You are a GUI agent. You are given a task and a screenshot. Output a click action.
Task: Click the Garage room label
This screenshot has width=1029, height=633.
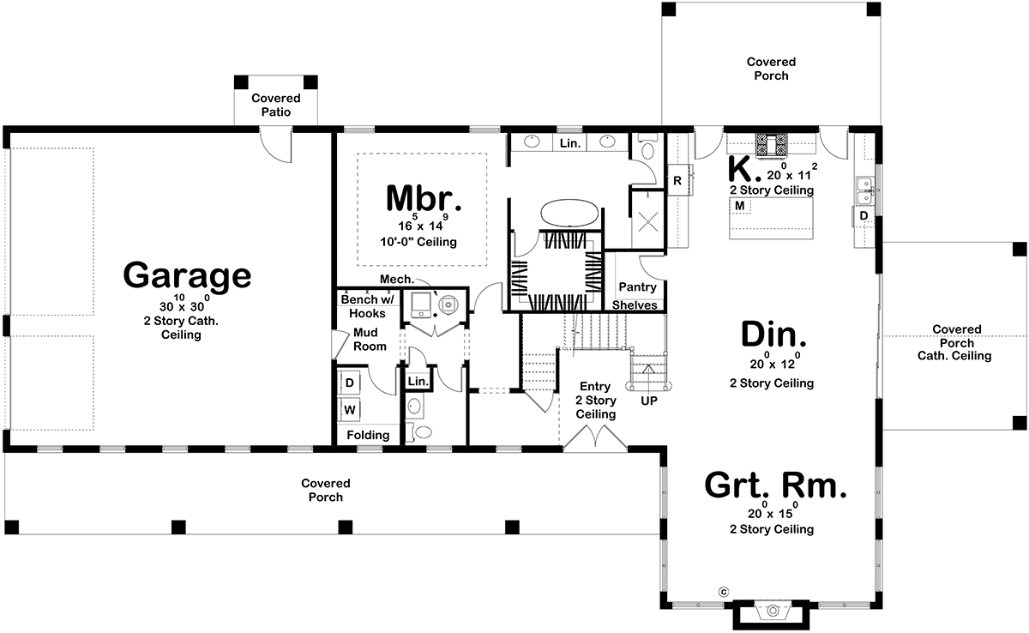pos(187,275)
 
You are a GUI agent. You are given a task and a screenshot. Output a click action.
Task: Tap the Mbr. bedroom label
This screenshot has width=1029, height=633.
pos(424,198)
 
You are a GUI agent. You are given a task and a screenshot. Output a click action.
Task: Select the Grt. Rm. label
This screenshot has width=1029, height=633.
pos(775,485)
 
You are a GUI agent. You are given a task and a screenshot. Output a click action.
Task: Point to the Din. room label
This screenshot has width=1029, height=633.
pos(773,334)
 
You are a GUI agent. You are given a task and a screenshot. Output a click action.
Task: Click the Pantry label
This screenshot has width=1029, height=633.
pos(637,287)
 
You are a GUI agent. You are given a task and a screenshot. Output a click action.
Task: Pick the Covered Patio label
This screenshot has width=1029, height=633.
pos(276,105)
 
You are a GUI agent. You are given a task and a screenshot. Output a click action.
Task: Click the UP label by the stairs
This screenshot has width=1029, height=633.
pos(648,401)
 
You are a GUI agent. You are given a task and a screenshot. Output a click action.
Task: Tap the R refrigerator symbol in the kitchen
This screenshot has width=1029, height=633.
pos(677,180)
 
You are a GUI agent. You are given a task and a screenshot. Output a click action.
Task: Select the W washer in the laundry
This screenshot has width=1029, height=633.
pos(350,410)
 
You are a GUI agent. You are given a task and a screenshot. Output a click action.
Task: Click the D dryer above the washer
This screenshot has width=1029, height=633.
pos(350,383)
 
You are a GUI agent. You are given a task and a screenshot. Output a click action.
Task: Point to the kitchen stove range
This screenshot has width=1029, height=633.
pos(772,145)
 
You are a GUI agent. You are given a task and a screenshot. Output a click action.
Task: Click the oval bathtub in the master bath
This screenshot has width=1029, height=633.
pos(569,213)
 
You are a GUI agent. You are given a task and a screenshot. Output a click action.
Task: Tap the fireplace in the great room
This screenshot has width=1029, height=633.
pos(773,616)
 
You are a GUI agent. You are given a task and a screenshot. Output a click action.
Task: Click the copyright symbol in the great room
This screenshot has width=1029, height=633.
pos(724,592)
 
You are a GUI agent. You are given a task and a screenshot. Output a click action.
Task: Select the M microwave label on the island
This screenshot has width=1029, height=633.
pos(739,206)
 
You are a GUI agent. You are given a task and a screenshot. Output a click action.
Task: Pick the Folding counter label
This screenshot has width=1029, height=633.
pos(368,435)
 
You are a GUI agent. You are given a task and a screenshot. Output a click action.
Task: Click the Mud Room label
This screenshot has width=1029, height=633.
pos(370,340)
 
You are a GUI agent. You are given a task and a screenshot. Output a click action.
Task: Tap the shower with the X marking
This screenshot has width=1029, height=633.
pos(648,220)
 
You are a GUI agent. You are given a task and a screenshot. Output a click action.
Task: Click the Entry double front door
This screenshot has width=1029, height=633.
pos(595,437)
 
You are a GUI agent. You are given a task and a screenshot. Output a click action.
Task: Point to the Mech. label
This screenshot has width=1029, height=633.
pos(397,280)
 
